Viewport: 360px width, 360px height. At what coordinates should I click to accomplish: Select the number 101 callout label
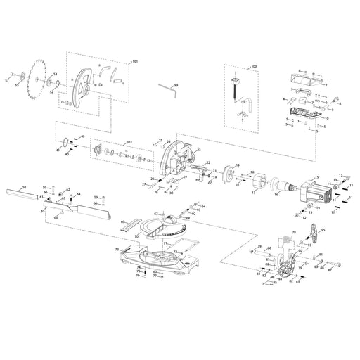[135, 62]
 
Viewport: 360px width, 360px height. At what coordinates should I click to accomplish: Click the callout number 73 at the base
[115, 249]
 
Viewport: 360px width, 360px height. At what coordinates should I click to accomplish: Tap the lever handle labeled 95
[311, 235]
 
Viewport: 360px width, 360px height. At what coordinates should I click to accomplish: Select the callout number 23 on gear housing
[199, 150]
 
